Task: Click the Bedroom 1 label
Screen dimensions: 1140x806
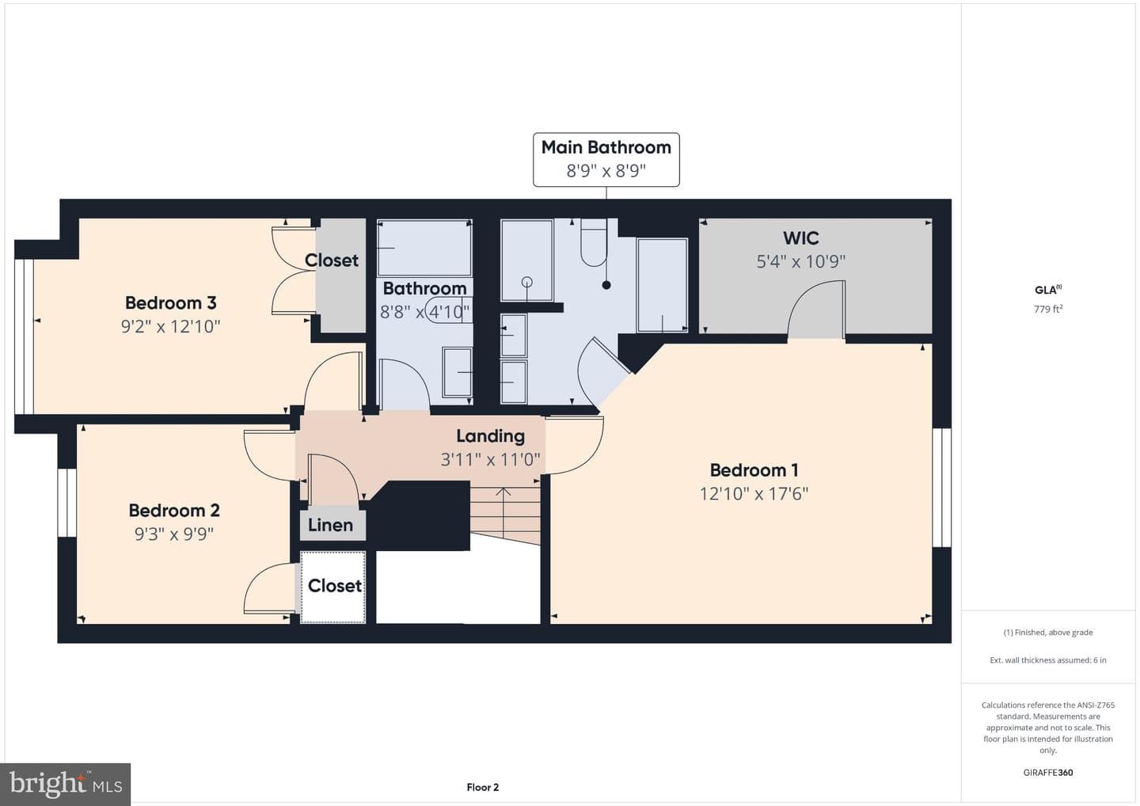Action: point(754,470)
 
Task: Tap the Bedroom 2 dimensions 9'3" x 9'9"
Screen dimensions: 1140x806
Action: point(174,534)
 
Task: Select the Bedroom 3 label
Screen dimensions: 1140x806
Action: point(171,302)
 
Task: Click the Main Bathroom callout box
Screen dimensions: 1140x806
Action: point(606,160)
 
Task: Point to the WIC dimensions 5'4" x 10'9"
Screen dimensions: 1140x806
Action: point(801,261)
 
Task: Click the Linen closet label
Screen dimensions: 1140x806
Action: point(330,525)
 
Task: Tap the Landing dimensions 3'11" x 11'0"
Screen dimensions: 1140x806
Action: point(490,459)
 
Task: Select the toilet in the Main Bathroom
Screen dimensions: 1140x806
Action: point(594,243)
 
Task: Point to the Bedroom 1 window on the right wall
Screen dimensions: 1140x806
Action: point(942,488)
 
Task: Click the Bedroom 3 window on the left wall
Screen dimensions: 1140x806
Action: point(24,336)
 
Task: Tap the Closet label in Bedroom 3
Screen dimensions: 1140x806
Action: point(332,260)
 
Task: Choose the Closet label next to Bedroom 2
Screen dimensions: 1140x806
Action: point(334,586)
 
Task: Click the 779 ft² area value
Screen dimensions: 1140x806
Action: point(1048,309)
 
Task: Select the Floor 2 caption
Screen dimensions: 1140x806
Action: point(482,787)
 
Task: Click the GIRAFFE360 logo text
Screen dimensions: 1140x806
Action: point(1048,773)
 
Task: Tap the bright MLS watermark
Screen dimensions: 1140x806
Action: point(66,784)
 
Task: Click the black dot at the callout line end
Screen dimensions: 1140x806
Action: point(606,285)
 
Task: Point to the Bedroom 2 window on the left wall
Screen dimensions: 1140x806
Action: point(66,502)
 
